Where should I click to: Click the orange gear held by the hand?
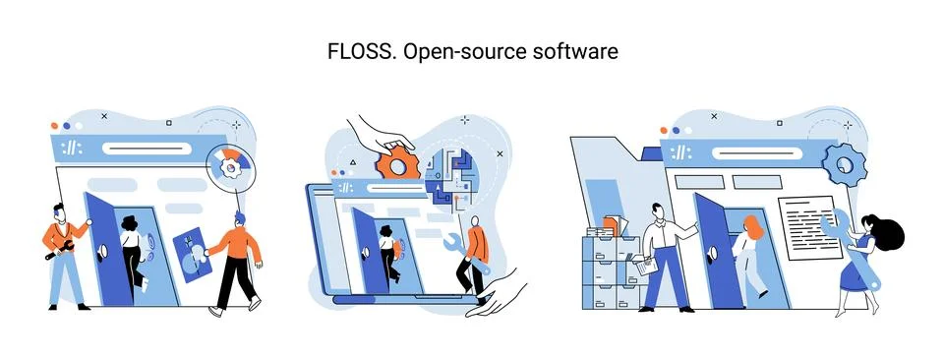[x=398, y=162]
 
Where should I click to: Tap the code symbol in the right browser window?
[x=681, y=153]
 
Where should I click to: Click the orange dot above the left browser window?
[x=54, y=126]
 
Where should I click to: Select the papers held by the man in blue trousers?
[x=645, y=264]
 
